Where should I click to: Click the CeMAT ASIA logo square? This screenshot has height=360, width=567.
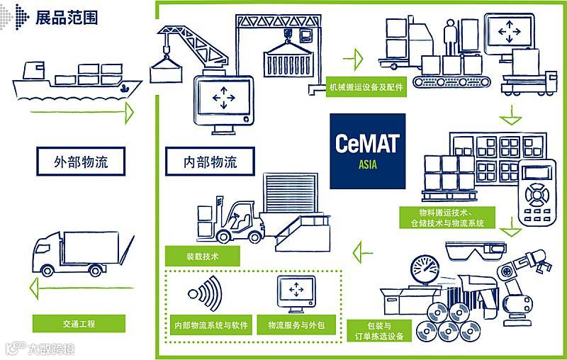coord(367,150)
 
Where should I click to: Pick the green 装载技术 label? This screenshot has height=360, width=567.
coord(202,255)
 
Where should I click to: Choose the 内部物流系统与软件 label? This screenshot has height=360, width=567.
coord(211,325)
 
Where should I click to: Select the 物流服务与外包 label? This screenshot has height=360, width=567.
coord(296,325)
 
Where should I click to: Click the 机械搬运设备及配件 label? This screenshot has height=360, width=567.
coord(365,88)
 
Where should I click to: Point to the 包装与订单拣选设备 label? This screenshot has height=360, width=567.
coord(381,331)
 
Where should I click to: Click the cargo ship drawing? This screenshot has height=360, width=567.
coord(74,81)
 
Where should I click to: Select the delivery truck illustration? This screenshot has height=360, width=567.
coord(78,254)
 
